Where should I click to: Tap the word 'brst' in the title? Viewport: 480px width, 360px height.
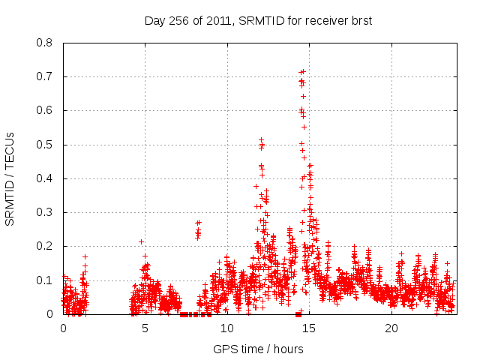coord(360,21)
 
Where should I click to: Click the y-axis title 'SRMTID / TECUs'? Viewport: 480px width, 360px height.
coord(10,178)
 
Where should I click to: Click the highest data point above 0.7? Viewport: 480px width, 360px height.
coord(303,71)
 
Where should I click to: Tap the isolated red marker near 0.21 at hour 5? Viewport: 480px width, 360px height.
coord(141,241)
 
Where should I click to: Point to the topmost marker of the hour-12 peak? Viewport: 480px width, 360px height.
coord(261,139)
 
